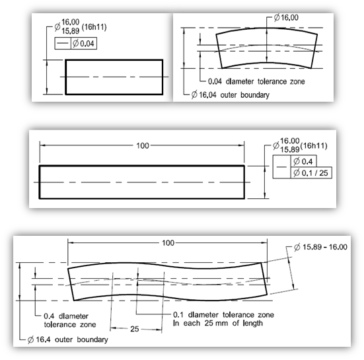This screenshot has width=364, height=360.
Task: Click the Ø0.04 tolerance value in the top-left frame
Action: click(x=84, y=44)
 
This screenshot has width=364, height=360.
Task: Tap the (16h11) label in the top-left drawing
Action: click(x=94, y=27)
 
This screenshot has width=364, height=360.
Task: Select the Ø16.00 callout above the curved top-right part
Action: click(x=286, y=17)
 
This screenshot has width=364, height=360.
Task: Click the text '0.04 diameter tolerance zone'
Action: click(x=256, y=81)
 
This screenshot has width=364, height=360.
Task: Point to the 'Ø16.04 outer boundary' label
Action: click(x=231, y=95)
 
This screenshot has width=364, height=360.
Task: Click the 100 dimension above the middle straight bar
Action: click(x=143, y=146)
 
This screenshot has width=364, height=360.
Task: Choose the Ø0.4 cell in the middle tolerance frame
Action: click(x=303, y=161)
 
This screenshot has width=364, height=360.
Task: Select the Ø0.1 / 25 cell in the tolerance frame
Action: click(x=310, y=173)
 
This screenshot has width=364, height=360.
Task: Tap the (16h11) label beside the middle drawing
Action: click(x=314, y=146)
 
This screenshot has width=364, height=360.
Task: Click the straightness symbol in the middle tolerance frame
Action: click(x=281, y=167)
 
